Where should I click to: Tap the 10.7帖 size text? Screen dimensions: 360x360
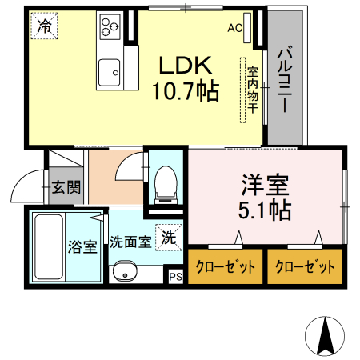point(186,91)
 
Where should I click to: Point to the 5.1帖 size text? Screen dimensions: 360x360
point(263,211)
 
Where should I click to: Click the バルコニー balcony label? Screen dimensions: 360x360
point(285,79)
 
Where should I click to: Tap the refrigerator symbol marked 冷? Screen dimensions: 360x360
point(45,26)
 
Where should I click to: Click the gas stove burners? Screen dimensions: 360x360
point(110,28)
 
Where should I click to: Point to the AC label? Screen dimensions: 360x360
point(234,28)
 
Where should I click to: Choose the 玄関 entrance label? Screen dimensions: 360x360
point(66,188)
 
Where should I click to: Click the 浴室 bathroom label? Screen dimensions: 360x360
point(82,246)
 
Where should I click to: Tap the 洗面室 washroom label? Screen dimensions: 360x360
point(130,241)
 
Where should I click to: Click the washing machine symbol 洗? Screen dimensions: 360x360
point(170,237)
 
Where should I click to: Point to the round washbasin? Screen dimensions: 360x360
point(126,274)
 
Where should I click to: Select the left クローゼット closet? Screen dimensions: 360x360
point(226,267)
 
